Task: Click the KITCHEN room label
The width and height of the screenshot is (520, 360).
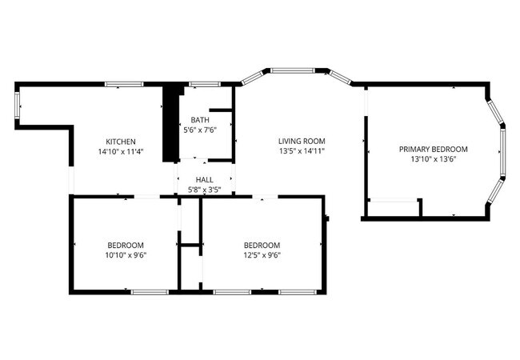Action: (x=122, y=142)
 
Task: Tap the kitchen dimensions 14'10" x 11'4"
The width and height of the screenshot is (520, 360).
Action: (x=122, y=151)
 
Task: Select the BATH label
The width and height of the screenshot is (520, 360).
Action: (x=200, y=120)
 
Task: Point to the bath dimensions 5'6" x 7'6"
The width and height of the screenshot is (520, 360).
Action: (x=200, y=130)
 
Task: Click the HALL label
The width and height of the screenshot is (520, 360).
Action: (x=205, y=180)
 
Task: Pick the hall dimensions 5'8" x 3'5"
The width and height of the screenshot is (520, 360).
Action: (x=205, y=190)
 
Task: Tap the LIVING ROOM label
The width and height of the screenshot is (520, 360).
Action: (x=302, y=141)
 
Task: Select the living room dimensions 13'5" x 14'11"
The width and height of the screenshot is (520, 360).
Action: (x=302, y=150)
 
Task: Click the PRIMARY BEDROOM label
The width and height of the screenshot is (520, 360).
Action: (x=433, y=149)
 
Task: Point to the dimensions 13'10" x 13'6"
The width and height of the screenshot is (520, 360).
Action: (x=433, y=158)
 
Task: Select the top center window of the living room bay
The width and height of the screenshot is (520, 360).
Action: (x=294, y=70)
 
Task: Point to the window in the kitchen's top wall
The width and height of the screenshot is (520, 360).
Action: (x=123, y=83)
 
